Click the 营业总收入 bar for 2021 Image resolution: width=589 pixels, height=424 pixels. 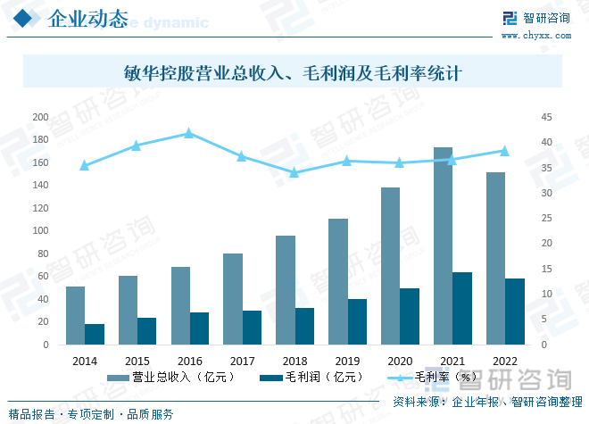tap(443, 245)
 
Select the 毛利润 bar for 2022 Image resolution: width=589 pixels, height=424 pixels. tap(515, 312)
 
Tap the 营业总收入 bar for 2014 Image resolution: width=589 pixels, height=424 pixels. tap(75, 315)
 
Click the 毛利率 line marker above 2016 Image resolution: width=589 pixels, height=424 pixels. tap(188, 133)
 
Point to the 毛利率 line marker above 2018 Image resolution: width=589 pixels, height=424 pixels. tap(294, 172)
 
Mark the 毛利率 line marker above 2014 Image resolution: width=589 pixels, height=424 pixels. tap(84, 165)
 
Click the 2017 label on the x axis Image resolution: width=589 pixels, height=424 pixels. tap(242, 361)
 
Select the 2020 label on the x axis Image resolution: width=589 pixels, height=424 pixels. tap(399, 361)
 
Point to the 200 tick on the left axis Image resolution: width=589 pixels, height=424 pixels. tap(40, 117)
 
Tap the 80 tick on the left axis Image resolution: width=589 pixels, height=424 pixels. tap(43, 254)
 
